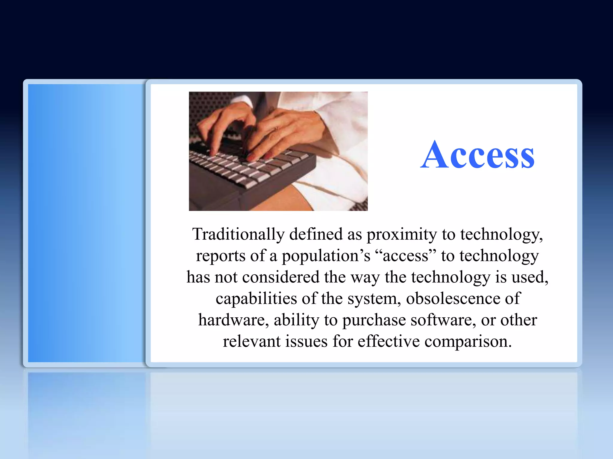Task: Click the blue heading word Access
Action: (x=477, y=155)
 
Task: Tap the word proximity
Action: (x=402, y=235)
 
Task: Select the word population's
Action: (x=326, y=256)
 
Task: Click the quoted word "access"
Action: (x=406, y=256)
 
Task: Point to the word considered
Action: (x=280, y=277)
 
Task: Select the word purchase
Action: (x=374, y=320)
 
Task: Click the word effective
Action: (x=389, y=341)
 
